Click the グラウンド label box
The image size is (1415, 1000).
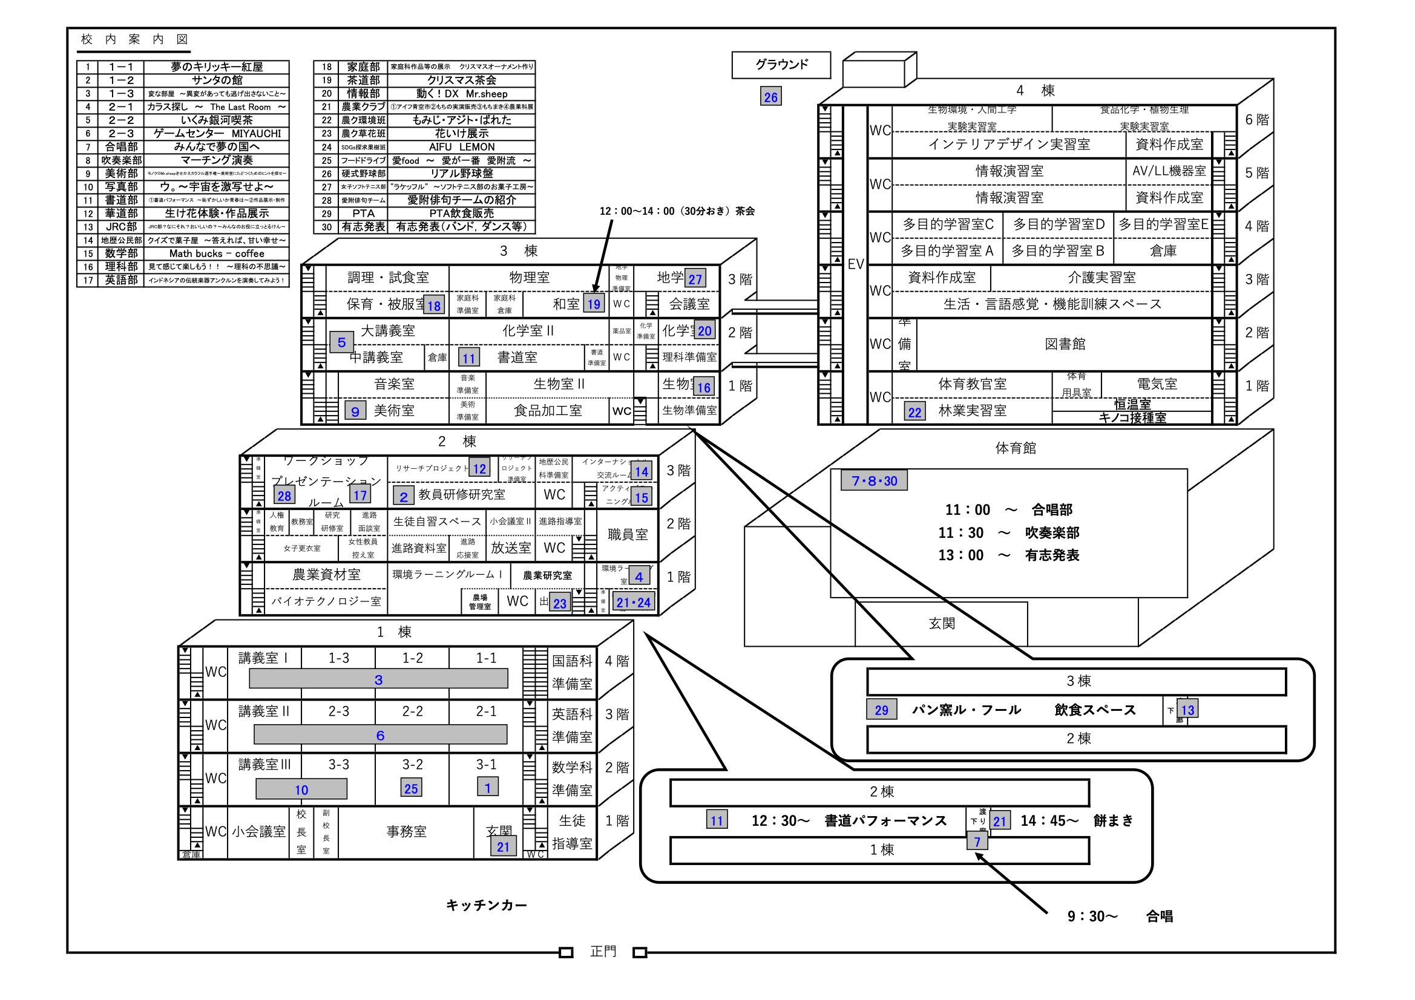click(x=781, y=65)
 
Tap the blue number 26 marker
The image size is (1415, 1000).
click(x=770, y=97)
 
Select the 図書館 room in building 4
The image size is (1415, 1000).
click(x=1065, y=344)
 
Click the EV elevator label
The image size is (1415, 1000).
click(x=855, y=264)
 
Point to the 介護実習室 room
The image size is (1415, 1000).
click(x=1101, y=277)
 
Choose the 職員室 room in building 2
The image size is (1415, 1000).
click(x=628, y=534)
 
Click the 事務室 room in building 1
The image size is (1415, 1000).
click(x=406, y=831)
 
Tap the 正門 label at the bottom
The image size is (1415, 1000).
click(x=603, y=952)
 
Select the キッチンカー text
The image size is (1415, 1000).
click(x=486, y=905)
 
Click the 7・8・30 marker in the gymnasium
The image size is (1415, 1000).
click(x=874, y=480)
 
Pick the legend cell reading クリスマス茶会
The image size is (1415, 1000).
click(x=461, y=80)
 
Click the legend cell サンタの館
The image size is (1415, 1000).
click(x=216, y=80)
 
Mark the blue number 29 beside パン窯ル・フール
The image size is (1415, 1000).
click(x=881, y=710)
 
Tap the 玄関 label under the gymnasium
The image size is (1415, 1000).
click(x=941, y=624)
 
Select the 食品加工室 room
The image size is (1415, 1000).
click(x=548, y=410)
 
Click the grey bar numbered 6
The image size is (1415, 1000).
click(x=380, y=734)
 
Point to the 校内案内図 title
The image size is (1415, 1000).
click(x=134, y=39)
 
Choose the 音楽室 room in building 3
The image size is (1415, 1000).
click(x=394, y=384)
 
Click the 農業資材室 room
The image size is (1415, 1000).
click(x=326, y=574)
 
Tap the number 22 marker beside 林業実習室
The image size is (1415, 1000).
click(x=914, y=411)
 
